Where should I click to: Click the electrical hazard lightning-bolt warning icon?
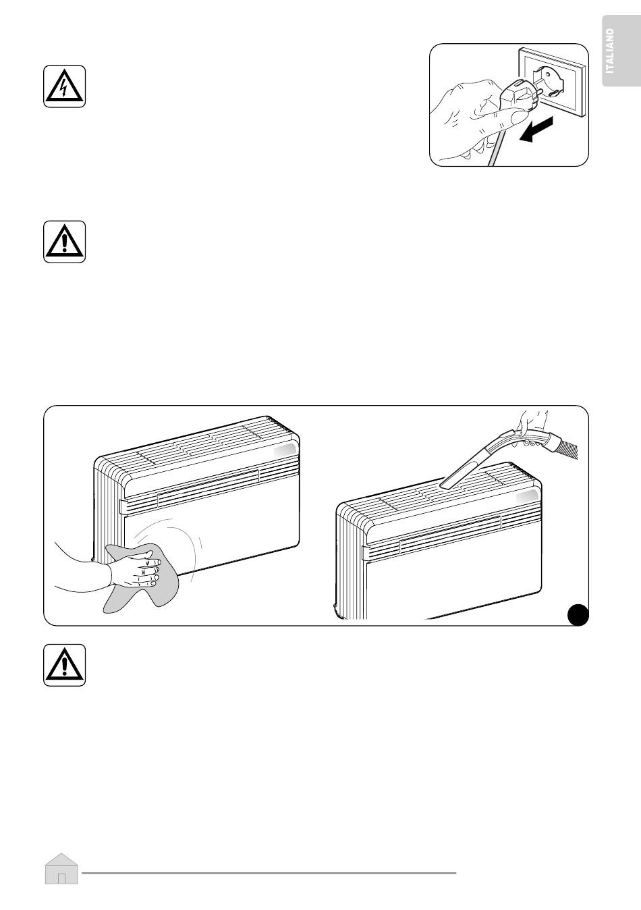click(x=65, y=86)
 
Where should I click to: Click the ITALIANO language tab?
click(x=621, y=51)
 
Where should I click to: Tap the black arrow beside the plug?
click(x=536, y=129)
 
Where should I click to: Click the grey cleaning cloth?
click(x=140, y=578)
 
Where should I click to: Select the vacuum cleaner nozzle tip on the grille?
click(x=446, y=485)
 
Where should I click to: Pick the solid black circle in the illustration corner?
click(x=578, y=614)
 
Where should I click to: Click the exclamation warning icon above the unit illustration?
click(x=65, y=242)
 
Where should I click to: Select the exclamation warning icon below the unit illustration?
click(x=65, y=665)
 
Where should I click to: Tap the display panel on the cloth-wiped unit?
click(x=285, y=452)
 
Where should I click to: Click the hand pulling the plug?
click(x=475, y=118)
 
